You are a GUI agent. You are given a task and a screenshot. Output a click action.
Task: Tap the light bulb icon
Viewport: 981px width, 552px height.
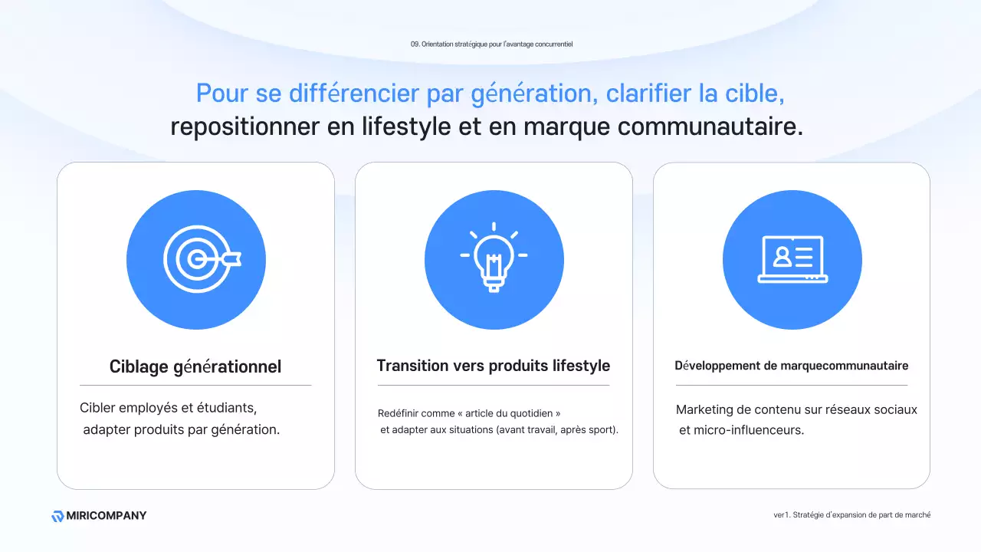[494, 258]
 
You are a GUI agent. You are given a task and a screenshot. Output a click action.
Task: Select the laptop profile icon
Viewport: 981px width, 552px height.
[792, 260]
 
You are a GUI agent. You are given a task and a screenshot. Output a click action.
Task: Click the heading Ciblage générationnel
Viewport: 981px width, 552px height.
[195, 366]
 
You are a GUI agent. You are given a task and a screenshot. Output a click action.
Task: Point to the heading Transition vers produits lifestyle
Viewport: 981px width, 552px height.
[494, 366]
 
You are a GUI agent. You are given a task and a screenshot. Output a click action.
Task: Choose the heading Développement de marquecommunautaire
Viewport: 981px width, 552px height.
[792, 366]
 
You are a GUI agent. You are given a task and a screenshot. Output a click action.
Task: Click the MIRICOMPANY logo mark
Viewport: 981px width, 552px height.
[57, 516]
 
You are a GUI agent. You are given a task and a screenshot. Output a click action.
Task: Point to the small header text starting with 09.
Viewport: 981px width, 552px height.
[491, 44]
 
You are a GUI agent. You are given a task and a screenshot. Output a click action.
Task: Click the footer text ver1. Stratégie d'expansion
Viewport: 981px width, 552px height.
[851, 515]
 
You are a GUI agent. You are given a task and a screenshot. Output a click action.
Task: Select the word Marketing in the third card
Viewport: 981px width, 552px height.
[704, 410]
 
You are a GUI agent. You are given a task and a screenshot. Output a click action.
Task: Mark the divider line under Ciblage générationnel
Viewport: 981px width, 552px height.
[195, 385]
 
